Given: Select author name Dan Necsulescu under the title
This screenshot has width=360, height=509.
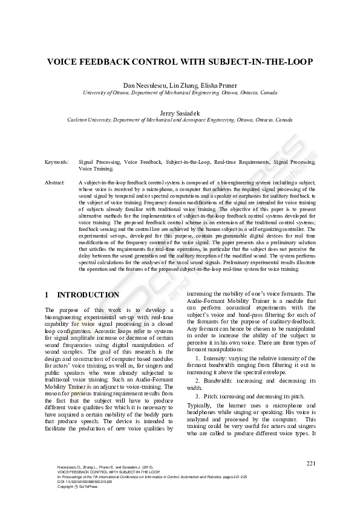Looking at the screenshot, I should click(x=143, y=85).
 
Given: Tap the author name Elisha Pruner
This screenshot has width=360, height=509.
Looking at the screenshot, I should click(x=218, y=85).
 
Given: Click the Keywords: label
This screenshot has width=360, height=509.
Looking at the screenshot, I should click(x=56, y=163).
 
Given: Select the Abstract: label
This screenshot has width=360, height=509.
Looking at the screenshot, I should click(x=55, y=181).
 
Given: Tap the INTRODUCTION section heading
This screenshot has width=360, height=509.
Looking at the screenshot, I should click(x=88, y=295).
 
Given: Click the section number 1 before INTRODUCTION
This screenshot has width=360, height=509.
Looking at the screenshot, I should click(x=47, y=295).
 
